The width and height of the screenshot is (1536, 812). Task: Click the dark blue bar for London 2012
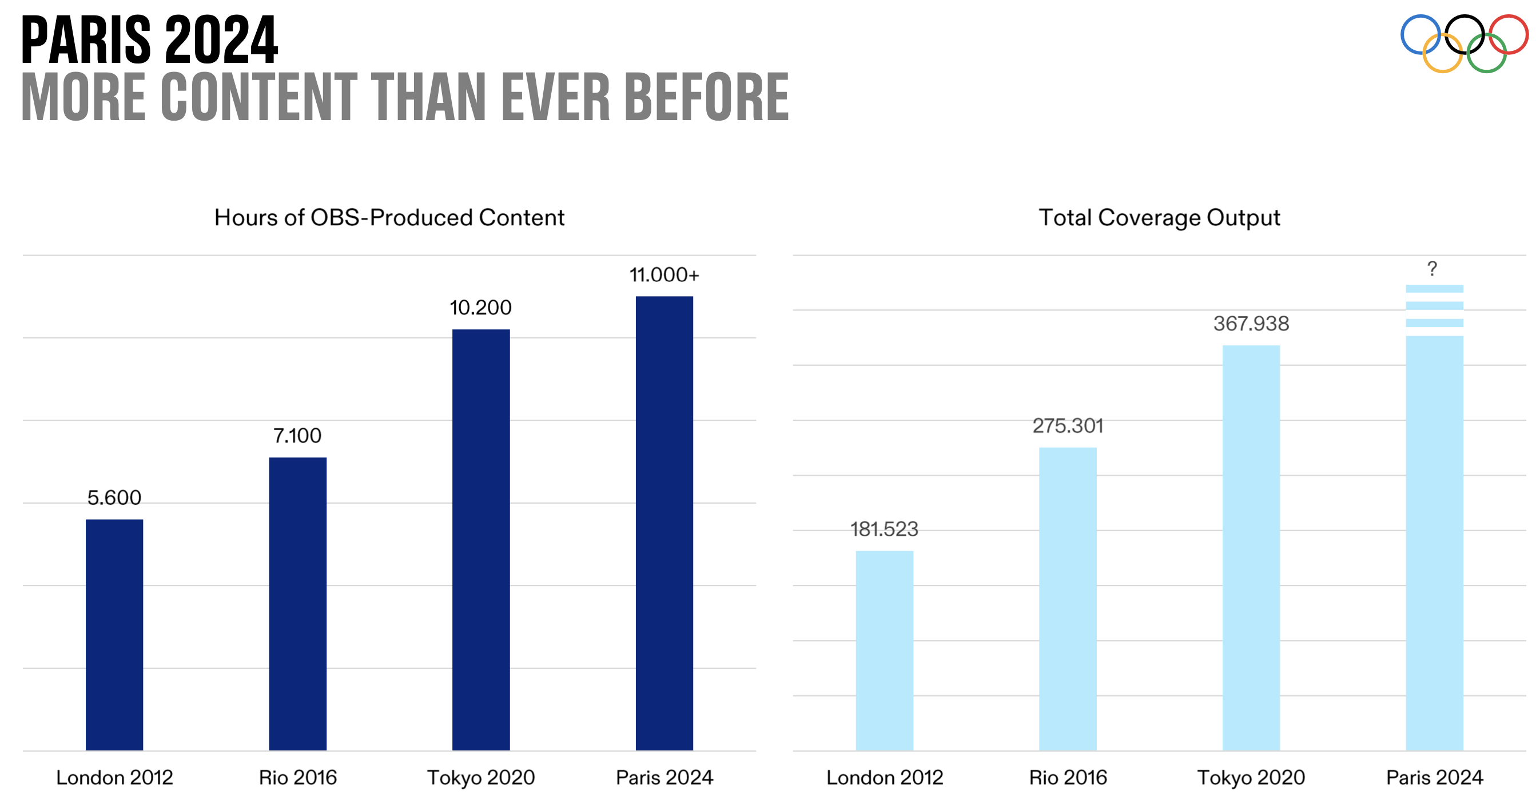click(x=114, y=634)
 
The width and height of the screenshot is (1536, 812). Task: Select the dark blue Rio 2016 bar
click(x=297, y=603)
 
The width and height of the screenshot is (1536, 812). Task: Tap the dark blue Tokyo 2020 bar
click(x=480, y=540)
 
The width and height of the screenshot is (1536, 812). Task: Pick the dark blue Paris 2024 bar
click(x=664, y=523)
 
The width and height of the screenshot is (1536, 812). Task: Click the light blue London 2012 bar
click(x=884, y=650)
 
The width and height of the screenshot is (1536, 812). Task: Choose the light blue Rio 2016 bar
click(x=1067, y=599)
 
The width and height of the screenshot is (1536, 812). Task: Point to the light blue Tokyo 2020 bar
click(x=1251, y=547)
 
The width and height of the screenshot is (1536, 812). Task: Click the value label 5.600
click(x=114, y=498)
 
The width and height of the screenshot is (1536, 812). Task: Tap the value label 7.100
click(x=297, y=436)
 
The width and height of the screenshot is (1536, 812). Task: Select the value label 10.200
click(x=480, y=308)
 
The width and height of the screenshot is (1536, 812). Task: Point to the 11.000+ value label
click(x=664, y=275)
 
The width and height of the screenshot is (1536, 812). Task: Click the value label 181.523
click(x=884, y=529)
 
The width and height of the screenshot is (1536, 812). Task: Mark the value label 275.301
click(x=1067, y=425)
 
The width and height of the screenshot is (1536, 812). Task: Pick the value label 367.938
click(x=1251, y=324)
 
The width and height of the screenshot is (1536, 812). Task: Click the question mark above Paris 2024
click(x=1432, y=269)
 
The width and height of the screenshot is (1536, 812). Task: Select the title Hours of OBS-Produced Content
click(x=389, y=218)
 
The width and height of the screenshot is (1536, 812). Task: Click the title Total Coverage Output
click(x=1159, y=218)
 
